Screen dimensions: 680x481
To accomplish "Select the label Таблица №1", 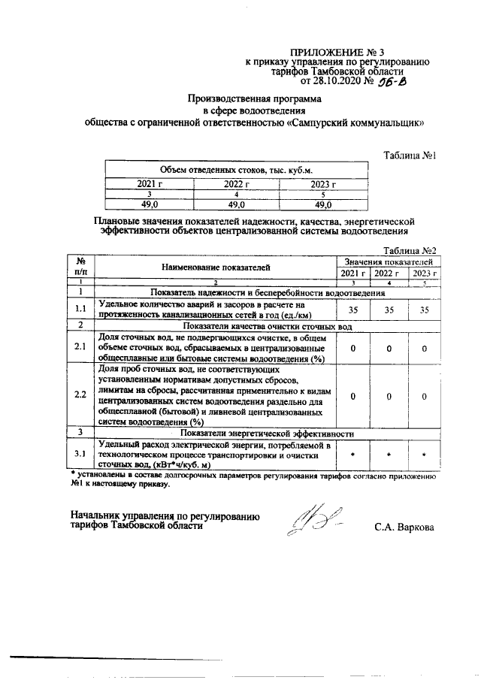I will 410,156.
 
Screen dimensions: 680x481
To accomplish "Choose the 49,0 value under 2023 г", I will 323,204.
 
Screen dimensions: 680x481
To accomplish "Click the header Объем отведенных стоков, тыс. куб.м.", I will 236,171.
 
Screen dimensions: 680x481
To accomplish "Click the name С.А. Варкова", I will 404,527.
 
